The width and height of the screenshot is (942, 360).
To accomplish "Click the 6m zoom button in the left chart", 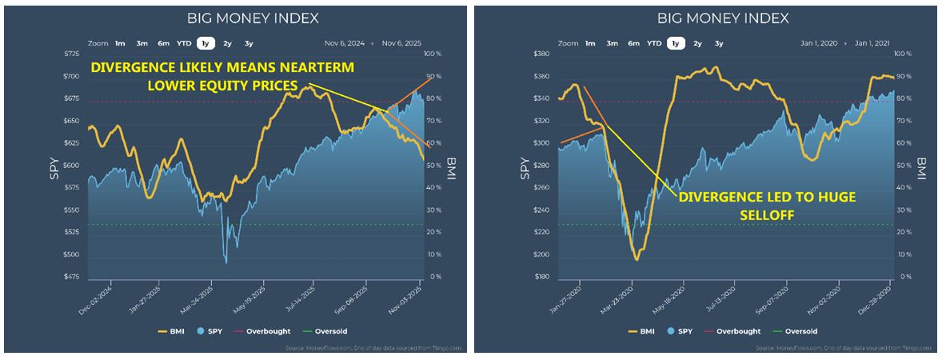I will pyautogui.click(x=163, y=43).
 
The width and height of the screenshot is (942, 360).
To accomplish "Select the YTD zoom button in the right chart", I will pyautogui.click(x=654, y=43).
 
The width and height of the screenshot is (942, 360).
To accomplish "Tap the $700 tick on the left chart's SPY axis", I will pyautogui.click(x=72, y=76).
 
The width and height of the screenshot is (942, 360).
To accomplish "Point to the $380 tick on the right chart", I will pyautogui.click(x=542, y=54).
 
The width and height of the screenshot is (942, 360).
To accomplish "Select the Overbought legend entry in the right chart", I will pyautogui.click(x=746, y=331).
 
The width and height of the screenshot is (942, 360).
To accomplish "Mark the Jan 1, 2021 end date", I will pyautogui.click(x=872, y=43).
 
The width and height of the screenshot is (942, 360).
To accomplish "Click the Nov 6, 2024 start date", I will pyautogui.click(x=344, y=43).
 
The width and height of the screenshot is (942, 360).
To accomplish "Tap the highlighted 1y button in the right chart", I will pyautogui.click(x=676, y=43).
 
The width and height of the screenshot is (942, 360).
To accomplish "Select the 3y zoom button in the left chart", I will pyautogui.click(x=249, y=43).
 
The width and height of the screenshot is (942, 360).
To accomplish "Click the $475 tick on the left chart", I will pyautogui.click(x=72, y=277).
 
